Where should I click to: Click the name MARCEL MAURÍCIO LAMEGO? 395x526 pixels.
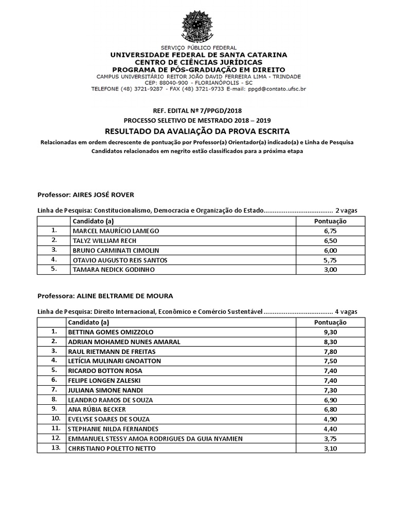point(116,231)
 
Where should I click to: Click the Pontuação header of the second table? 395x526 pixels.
point(330,322)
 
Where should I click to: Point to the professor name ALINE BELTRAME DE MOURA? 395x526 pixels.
point(124,296)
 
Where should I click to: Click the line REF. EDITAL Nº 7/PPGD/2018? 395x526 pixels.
point(197,110)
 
